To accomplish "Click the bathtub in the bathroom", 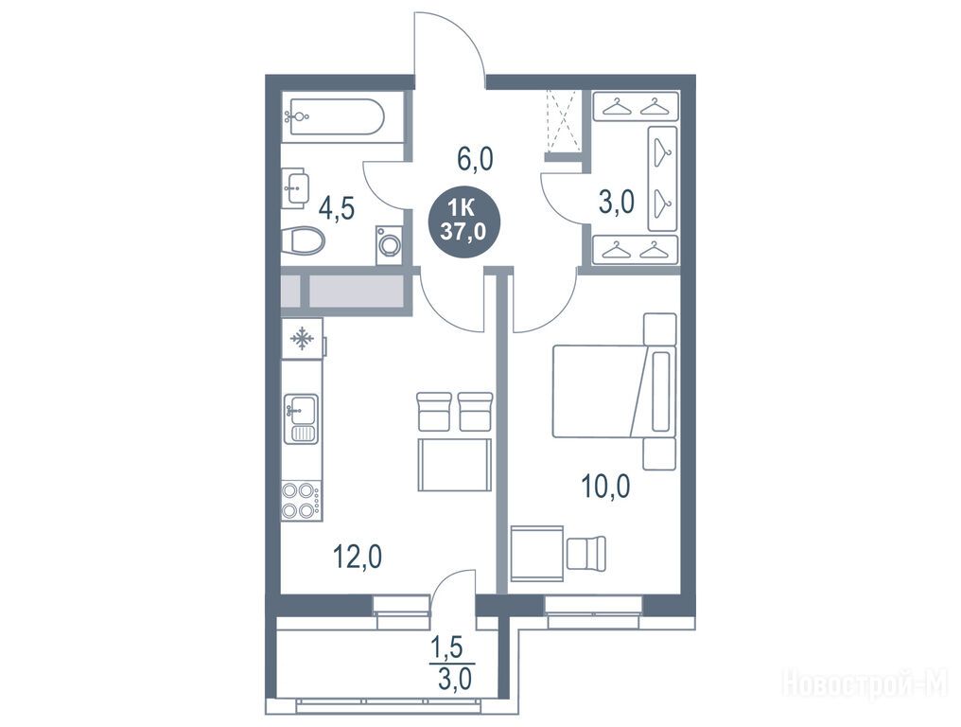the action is coord(335,116).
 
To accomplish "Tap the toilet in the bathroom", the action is coord(304,240).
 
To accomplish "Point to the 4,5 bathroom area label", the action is coord(338,208).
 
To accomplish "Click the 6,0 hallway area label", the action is coord(475,160).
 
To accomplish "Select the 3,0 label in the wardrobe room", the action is coord(616,202).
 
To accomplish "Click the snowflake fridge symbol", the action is coord(302,339).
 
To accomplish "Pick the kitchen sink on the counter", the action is coord(301,418).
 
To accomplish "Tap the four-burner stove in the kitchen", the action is coord(301,501).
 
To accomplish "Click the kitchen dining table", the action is coord(455,465).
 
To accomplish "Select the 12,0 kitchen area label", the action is coord(358,557).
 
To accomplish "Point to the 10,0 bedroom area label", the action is coord(605,488).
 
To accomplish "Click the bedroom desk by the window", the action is coord(537,552).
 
